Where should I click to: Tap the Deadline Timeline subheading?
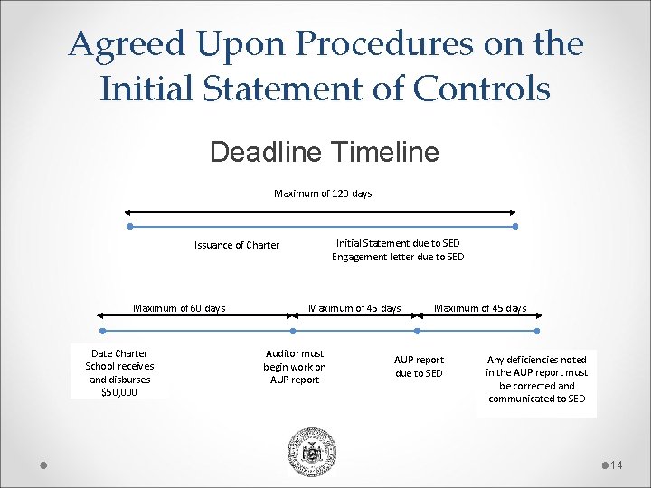(x=324, y=151)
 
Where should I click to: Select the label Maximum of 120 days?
(x=323, y=193)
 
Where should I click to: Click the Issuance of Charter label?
(x=237, y=245)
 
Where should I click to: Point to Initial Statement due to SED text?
(x=398, y=243)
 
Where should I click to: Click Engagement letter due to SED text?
(x=398, y=257)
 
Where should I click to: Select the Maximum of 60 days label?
(x=179, y=308)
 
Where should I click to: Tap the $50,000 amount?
(x=119, y=392)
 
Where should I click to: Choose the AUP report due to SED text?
(x=419, y=366)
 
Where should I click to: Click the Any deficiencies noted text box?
(x=536, y=379)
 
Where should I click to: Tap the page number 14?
(x=618, y=465)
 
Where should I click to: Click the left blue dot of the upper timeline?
(x=130, y=226)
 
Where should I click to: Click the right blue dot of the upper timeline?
(x=515, y=226)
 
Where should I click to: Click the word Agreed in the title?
(x=119, y=43)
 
